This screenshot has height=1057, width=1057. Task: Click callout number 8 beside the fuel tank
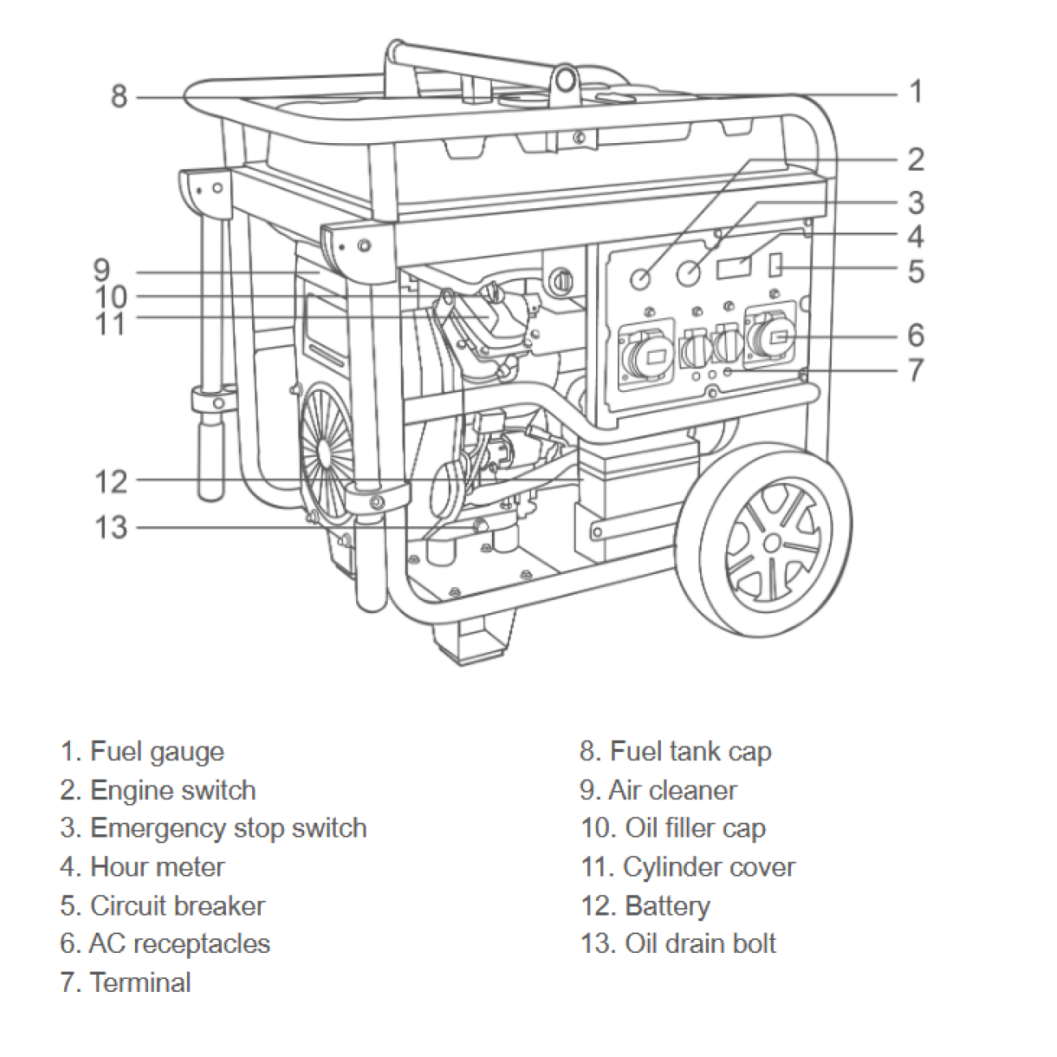(x=119, y=96)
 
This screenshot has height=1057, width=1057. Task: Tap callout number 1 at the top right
(x=916, y=91)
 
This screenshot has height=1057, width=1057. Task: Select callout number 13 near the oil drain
(x=111, y=527)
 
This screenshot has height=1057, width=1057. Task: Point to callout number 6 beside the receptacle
(x=916, y=334)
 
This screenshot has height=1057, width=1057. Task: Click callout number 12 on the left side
(x=111, y=481)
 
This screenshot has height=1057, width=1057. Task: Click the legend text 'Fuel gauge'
(x=156, y=751)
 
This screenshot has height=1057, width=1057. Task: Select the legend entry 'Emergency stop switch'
(x=228, y=828)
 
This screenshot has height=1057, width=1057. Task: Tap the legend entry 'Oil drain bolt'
(x=699, y=943)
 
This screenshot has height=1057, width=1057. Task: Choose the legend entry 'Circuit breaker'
(x=176, y=905)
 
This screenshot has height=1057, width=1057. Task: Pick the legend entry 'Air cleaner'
(x=672, y=789)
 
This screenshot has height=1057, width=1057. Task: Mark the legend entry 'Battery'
(x=667, y=905)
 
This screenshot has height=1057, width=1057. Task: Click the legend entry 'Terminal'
(x=140, y=981)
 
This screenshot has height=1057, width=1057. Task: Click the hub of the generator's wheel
(x=770, y=543)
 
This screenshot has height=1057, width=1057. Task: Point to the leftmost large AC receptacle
(x=646, y=355)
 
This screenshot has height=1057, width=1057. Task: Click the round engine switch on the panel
(x=642, y=278)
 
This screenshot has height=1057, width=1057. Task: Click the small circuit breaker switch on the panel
(x=775, y=263)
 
